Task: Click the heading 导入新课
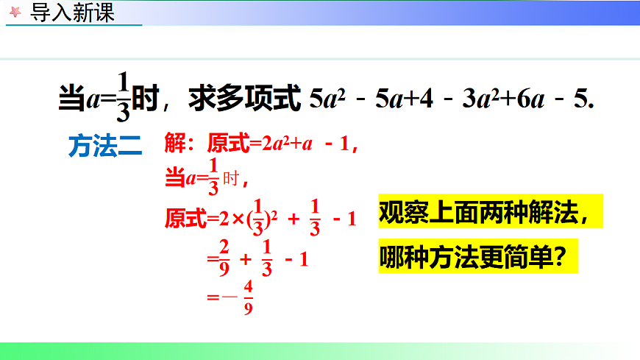(71, 13)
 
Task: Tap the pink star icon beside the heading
(15, 14)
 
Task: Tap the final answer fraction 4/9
(248, 298)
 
